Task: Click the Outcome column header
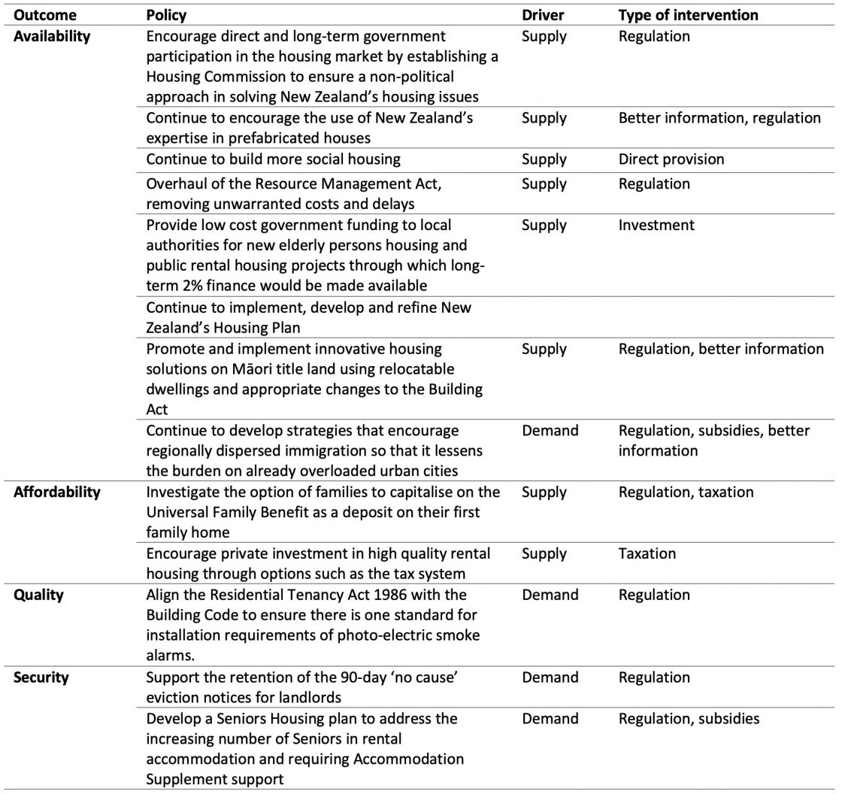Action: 45,15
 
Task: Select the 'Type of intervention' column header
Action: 688,15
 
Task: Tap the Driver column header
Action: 542,15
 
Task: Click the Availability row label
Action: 52,36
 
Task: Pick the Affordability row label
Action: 56,492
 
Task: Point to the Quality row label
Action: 38,595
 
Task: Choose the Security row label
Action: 41,677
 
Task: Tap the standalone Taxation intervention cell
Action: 647,553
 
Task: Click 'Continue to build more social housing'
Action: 273,159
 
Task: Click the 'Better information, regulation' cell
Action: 719,118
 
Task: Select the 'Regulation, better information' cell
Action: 721,348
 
